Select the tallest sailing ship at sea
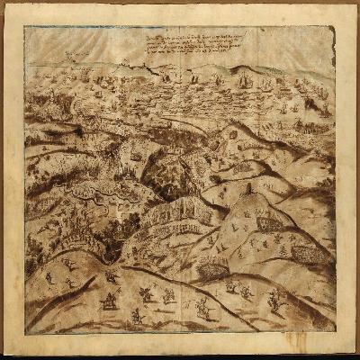click(243, 83)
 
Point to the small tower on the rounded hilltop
click(248, 192)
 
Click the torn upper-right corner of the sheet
click(329, 31)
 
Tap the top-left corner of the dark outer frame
click(4, 4)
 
